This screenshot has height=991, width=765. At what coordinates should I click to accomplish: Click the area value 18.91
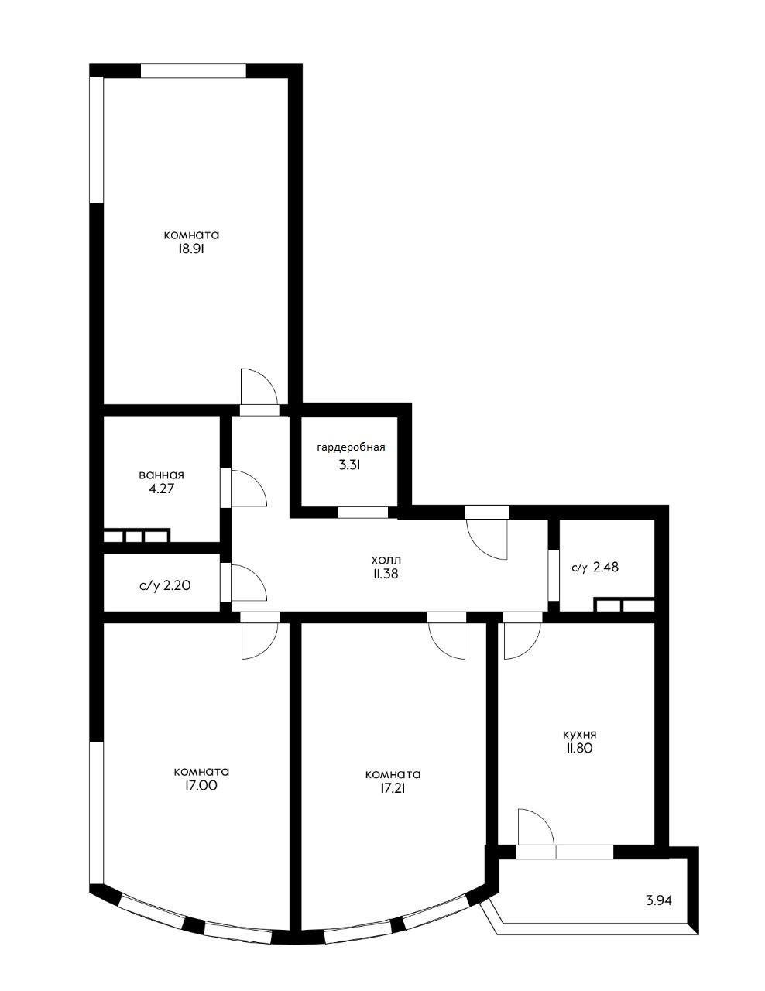pos(191,249)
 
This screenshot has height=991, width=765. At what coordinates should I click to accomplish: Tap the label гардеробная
pos(351,447)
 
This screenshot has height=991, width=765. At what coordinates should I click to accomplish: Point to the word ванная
pos(162,475)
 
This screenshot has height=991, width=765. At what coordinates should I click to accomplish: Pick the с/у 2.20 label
pos(165,585)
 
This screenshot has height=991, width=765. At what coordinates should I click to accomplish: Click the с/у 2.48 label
pos(595,568)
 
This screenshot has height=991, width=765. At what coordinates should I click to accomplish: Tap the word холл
pos(386,559)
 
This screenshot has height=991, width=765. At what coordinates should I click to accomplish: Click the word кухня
pos(579,734)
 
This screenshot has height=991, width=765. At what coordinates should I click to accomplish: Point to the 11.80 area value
pos(579,748)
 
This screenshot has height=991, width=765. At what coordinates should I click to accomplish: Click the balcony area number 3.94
pos(659,900)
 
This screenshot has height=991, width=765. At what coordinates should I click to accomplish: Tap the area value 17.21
pos(393,788)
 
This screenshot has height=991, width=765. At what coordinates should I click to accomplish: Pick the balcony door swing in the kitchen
pos(534,827)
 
